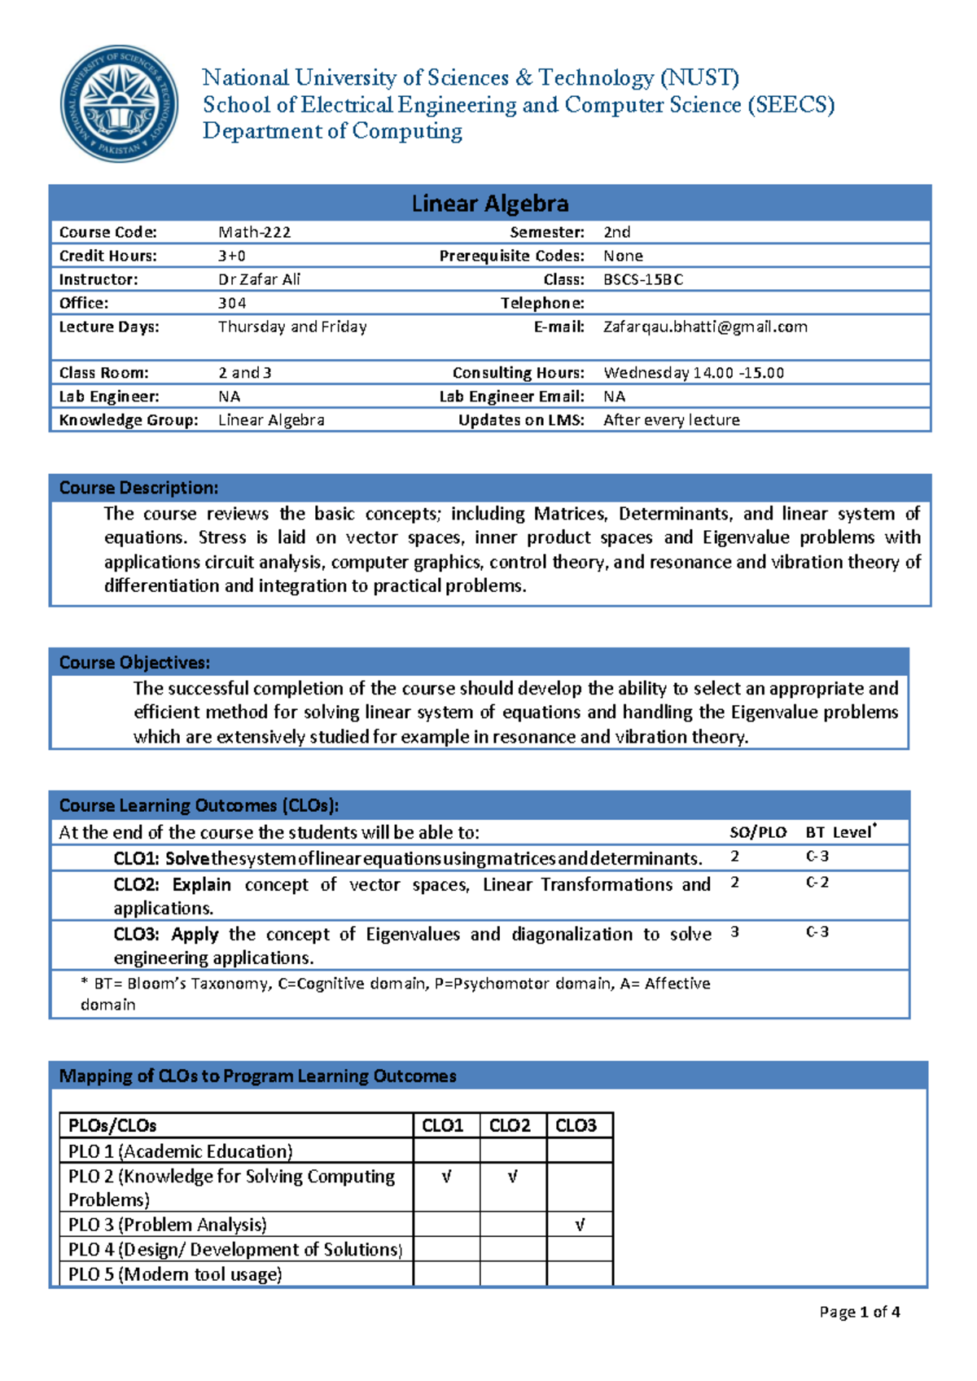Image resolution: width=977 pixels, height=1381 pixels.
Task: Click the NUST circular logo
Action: (x=120, y=103)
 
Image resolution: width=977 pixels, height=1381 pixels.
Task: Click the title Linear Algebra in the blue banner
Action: (x=489, y=203)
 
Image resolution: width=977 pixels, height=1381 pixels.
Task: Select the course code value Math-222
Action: (x=254, y=232)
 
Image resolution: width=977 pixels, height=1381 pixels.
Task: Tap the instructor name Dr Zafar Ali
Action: (x=259, y=279)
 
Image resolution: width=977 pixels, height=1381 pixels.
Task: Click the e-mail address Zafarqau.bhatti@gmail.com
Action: (x=705, y=327)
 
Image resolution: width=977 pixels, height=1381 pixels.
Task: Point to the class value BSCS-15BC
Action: (x=642, y=279)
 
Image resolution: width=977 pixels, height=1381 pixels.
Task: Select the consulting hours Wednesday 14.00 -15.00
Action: (x=693, y=373)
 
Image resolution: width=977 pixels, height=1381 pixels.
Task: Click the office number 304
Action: (x=232, y=303)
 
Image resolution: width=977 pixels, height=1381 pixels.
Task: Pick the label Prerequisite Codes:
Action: (x=512, y=256)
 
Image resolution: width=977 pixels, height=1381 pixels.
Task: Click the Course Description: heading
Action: (x=138, y=488)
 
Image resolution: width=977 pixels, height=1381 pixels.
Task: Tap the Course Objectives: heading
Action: (x=134, y=662)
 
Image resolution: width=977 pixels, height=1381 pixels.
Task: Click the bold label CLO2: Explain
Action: (x=172, y=885)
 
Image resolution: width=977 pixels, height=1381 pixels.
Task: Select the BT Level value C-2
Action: (x=817, y=883)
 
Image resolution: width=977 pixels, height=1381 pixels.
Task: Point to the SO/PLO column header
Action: (x=757, y=832)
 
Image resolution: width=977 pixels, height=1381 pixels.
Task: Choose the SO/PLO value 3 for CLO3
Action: (x=734, y=932)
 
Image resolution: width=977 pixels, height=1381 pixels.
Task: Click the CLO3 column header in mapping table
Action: (x=576, y=1125)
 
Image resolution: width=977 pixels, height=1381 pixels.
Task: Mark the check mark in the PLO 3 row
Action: (x=580, y=1225)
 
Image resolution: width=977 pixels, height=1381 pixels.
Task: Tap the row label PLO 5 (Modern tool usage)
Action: (x=175, y=1274)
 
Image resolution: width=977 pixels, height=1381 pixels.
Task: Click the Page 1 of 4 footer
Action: (x=859, y=1312)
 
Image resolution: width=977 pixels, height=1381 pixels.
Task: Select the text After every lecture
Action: (x=671, y=420)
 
